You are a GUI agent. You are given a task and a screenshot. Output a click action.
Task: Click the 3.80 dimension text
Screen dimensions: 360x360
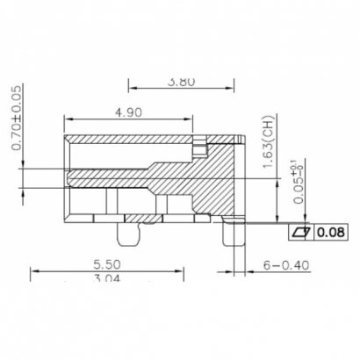[x=180, y=83]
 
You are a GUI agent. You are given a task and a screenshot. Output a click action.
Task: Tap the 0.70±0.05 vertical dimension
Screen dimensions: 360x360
[x=17, y=119]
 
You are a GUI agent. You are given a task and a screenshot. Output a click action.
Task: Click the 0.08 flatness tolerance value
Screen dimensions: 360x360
[x=331, y=233]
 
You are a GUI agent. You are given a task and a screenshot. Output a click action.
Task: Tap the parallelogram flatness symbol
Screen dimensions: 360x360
[x=302, y=233]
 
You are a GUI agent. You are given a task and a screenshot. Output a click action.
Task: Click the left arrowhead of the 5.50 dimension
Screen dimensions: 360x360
[x=33, y=270]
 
